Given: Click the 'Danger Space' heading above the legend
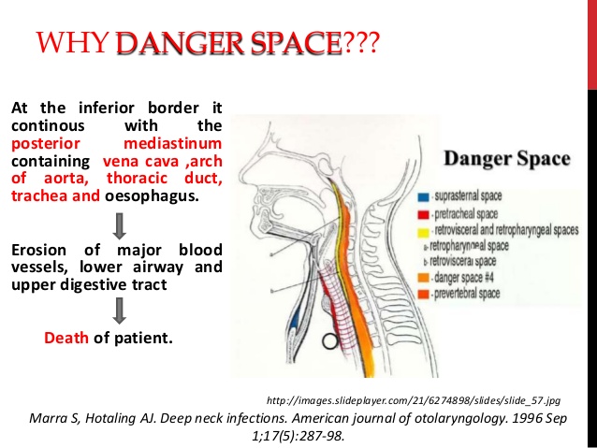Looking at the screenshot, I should coord(506,158).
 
